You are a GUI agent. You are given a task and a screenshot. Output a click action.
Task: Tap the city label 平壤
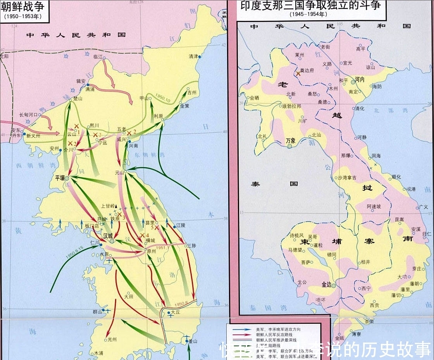click(59, 178)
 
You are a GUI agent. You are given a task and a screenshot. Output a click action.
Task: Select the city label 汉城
click(107, 236)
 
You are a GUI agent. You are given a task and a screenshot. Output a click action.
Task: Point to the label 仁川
click(95, 242)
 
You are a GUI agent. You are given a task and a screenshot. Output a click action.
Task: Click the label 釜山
click(193, 341)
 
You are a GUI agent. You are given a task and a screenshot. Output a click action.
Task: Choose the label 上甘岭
click(108, 206)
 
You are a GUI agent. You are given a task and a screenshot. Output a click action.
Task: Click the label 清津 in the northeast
click(193, 56)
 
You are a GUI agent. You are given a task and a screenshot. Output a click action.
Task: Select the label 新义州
click(33, 136)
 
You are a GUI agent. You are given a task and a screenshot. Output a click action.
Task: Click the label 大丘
click(176, 312)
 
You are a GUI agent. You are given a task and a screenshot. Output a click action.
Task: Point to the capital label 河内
click(360, 79)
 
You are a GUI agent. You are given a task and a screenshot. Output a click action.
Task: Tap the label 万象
click(291, 140)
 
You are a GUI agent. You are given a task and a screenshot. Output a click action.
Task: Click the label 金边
click(327, 284)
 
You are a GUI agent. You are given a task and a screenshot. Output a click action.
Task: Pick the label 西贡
click(374, 305)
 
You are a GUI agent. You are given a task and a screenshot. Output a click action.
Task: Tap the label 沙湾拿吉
click(347, 178)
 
